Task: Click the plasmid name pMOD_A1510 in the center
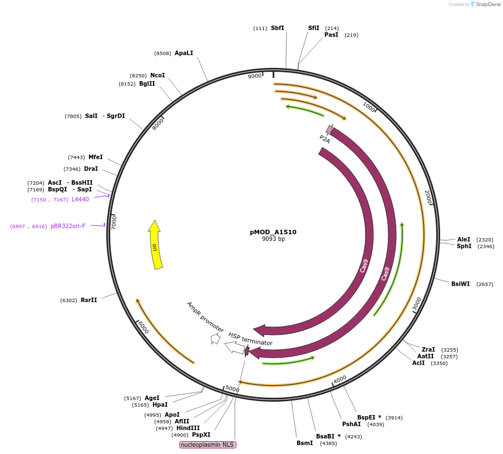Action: click(x=273, y=232)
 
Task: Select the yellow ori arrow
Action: click(x=155, y=245)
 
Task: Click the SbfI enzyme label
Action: click(x=277, y=28)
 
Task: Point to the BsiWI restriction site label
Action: click(x=460, y=284)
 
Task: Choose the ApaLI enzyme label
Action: click(x=184, y=53)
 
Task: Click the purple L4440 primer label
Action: click(x=80, y=199)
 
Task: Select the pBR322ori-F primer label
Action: click(x=68, y=226)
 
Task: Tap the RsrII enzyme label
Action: click(x=88, y=300)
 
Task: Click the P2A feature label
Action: click(x=324, y=139)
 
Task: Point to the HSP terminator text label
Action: click(x=250, y=339)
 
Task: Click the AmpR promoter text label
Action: click(x=205, y=317)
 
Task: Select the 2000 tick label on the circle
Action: click(x=428, y=196)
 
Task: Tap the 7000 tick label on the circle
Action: click(x=114, y=223)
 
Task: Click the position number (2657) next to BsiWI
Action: click(x=485, y=284)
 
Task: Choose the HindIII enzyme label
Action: click(x=188, y=428)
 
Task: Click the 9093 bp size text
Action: click(x=273, y=239)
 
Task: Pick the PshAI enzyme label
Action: click(x=351, y=424)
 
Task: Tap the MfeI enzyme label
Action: click(x=95, y=157)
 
